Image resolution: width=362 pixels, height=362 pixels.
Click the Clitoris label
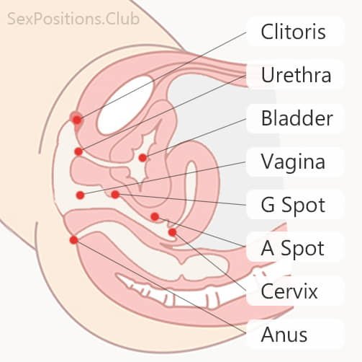[x=293, y=32]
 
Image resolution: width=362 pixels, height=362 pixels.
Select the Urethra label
[x=296, y=75]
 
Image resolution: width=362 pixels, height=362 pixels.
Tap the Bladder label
[x=297, y=118]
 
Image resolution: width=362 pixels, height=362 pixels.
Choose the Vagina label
[x=293, y=162]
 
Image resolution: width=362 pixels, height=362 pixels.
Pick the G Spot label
[x=293, y=205]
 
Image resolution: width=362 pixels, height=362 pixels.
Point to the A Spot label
[x=293, y=249]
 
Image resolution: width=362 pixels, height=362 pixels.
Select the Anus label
[x=285, y=335]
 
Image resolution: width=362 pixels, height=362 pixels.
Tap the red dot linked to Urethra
[x=78, y=151]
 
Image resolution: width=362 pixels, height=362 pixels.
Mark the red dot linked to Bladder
[x=142, y=157]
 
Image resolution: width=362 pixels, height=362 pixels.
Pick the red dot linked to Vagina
[x=80, y=195]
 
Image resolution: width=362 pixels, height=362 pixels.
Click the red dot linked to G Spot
[x=115, y=194]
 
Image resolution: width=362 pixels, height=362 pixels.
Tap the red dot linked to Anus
[x=73, y=239]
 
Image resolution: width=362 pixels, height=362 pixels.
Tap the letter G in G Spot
[x=267, y=205]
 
